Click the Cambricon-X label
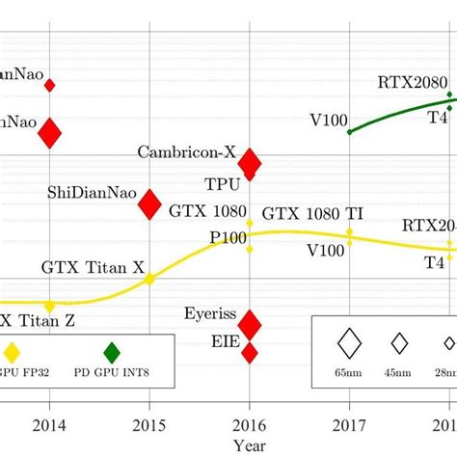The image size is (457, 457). point(187,151)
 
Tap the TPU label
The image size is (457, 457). point(222,182)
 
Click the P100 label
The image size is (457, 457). point(224,236)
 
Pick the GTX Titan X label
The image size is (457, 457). point(93,265)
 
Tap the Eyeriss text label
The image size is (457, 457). point(207,312)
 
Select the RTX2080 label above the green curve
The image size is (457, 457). point(411,82)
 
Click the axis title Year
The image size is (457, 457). point(250,444)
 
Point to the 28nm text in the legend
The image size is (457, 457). point(446,370)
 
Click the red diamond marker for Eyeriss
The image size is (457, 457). point(250,324)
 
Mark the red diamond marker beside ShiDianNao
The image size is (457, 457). point(149,204)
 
